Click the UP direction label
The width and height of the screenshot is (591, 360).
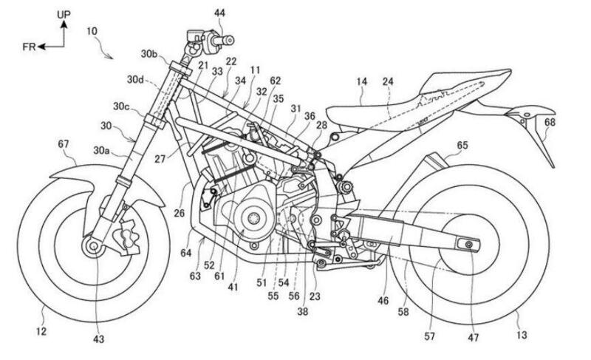64,13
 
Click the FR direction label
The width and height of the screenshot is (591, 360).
30,47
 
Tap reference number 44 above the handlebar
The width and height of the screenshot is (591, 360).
200,13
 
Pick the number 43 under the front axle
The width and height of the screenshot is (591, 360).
98,339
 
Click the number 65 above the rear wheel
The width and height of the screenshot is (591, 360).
462,147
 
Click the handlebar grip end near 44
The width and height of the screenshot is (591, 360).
230,38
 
